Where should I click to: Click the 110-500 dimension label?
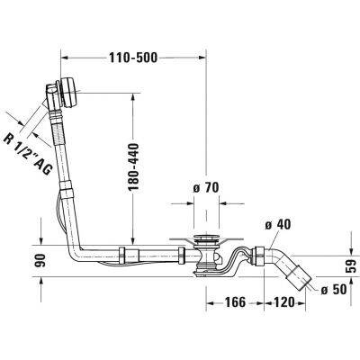click(x=133, y=58)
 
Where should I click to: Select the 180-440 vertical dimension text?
click(x=133, y=167)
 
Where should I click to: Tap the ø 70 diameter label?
click(x=206, y=188)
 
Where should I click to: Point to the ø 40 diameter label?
click(x=278, y=224)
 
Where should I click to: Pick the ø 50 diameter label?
click(x=334, y=289)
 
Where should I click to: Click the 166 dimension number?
click(x=235, y=302)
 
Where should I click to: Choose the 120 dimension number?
click(x=284, y=302)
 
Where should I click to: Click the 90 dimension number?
click(x=40, y=260)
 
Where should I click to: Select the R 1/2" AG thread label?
click(x=28, y=155)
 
